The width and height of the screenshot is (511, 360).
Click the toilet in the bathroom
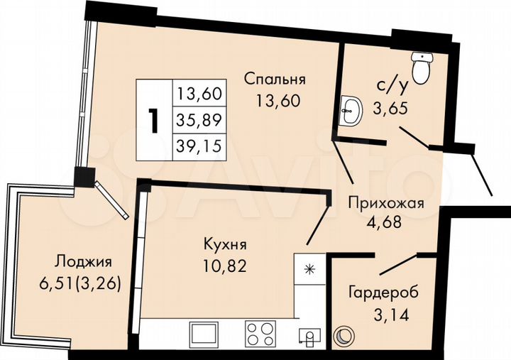pos(423,67)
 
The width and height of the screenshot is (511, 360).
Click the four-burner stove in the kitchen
pos(259,333)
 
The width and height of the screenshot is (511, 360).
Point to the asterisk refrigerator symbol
pos(309,268)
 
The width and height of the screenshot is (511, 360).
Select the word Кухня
pos(224,246)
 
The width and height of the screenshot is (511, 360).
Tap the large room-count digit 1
pos(153,121)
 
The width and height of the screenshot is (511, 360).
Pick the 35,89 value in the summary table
pos(199,120)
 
